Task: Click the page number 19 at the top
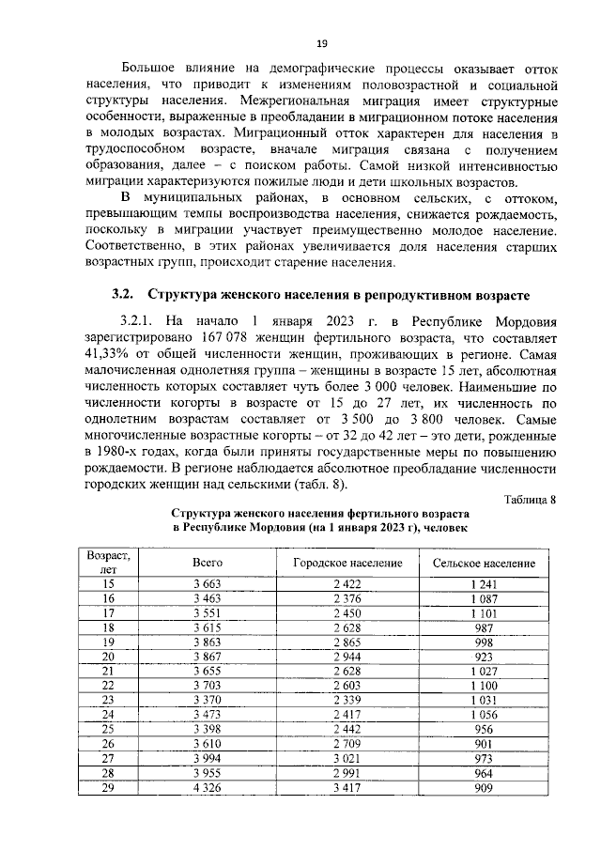tap(320, 43)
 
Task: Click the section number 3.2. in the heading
tap(125, 294)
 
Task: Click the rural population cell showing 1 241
tap(484, 584)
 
